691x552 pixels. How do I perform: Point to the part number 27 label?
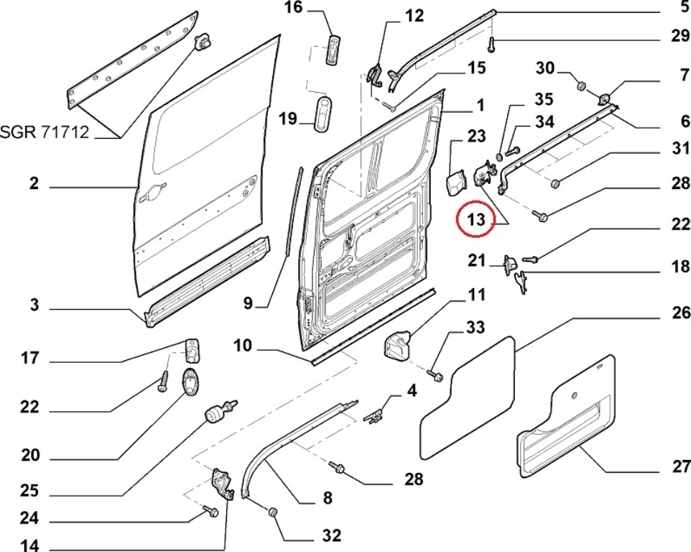(x=680, y=466)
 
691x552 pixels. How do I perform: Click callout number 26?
(x=680, y=313)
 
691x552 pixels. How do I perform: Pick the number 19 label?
(x=288, y=119)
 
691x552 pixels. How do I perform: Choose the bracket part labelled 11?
(x=396, y=344)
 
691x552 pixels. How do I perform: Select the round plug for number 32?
(x=274, y=512)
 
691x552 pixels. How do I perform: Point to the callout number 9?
(x=248, y=303)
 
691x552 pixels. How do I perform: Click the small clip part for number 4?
(x=376, y=415)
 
